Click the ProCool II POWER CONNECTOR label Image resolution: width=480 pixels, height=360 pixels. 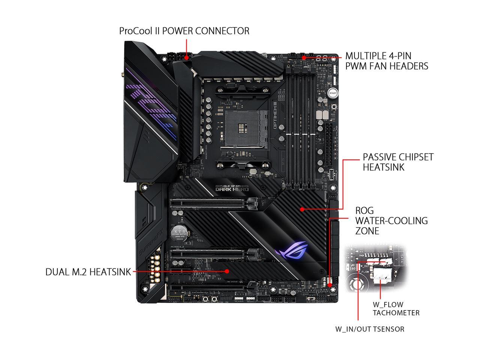184,30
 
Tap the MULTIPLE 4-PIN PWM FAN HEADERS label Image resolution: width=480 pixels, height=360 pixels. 386,61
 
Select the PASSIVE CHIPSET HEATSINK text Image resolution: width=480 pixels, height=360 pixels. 398,162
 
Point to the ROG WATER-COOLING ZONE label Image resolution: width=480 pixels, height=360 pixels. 391,220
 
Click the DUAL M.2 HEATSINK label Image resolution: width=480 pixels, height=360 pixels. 88,271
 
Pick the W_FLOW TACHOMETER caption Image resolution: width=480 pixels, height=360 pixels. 396,309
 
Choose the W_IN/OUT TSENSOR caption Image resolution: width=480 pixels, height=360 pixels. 370,329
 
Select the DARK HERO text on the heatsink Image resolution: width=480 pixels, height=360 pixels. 232,189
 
